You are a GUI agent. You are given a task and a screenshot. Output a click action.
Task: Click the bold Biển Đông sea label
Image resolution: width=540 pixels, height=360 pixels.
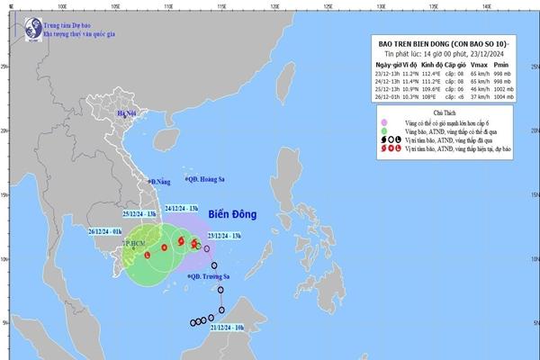click(233, 215)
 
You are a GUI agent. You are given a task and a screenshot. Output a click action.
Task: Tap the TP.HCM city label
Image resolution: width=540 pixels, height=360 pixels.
click(134, 243)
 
